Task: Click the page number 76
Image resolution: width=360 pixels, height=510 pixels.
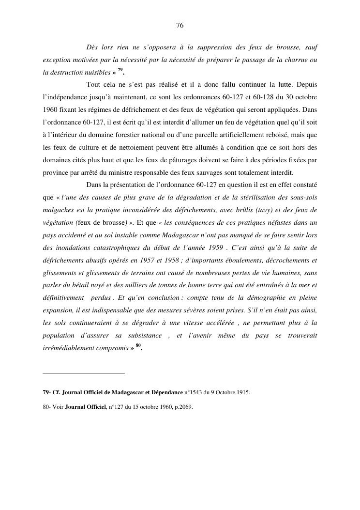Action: (180, 25)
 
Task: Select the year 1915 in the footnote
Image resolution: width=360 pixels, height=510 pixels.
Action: (243, 392)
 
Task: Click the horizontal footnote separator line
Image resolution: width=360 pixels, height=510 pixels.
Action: (84, 373)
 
